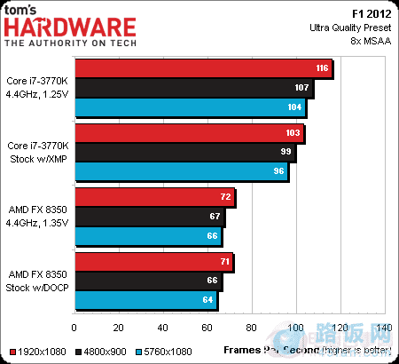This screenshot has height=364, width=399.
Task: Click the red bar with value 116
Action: pos(204,68)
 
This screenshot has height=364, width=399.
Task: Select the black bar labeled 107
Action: pos(194,88)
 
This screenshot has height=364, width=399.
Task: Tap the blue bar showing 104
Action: pos(191,107)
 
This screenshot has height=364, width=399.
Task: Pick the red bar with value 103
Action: pos(190,133)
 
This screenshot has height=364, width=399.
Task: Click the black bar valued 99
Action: pos(185,152)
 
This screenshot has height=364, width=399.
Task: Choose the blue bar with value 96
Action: pos(182,171)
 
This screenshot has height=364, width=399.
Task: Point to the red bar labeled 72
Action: pos(155,197)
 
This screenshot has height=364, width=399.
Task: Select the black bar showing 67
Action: pos(150,216)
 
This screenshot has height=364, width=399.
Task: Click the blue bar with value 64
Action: pos(146,300)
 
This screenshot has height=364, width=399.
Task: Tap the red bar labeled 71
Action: pos(154,261)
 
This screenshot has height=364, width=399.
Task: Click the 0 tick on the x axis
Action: pos(76,328)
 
